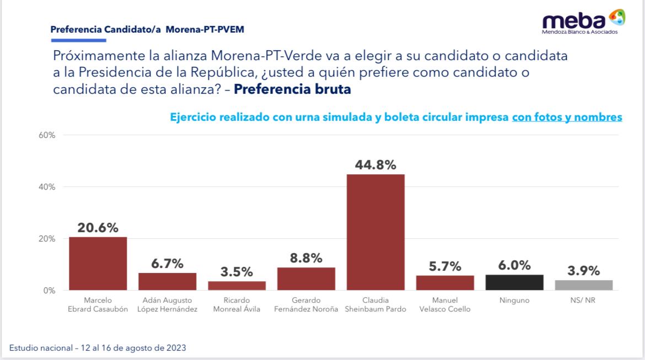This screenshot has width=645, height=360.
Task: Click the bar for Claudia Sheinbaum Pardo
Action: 375,232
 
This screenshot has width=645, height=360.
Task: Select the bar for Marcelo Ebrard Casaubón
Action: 98,264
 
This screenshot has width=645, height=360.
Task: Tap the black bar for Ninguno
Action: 514,282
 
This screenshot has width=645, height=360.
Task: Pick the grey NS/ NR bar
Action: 584,285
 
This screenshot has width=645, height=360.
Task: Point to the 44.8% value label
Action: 375,165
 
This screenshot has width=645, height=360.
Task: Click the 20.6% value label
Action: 98,228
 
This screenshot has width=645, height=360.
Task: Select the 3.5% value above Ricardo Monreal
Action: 237,272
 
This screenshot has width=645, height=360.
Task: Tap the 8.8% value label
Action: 306,258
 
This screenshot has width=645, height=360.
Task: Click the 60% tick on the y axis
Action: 47,135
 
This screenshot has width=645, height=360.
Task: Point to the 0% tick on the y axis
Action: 50,291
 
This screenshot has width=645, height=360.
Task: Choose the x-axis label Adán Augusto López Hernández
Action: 167,304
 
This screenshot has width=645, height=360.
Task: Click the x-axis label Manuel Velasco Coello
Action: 445,304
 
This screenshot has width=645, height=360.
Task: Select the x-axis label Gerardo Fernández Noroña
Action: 306,304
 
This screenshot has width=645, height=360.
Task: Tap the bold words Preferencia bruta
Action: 292,89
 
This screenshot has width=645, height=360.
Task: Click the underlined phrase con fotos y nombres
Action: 567,117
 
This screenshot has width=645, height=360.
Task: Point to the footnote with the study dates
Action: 98,348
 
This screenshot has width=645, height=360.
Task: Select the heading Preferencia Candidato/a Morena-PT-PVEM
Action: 147,30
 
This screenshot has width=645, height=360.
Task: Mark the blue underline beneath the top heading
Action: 78,40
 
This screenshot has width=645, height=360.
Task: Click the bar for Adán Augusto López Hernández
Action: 167,281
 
